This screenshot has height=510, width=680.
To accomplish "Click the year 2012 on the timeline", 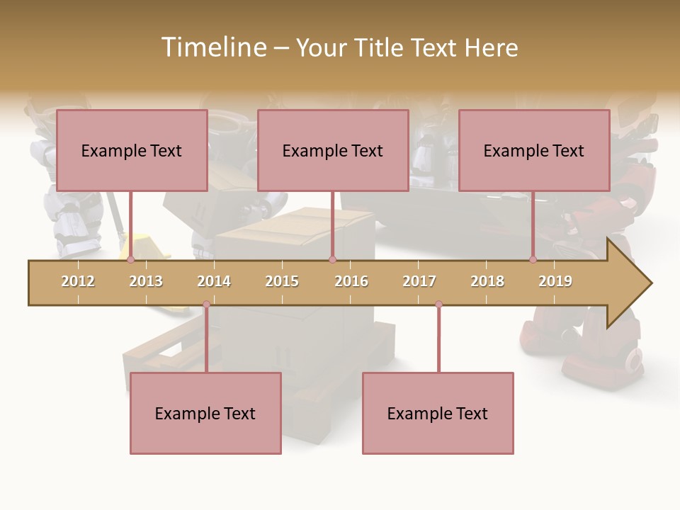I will (78, 281).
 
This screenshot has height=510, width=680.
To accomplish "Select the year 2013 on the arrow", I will (146, 281).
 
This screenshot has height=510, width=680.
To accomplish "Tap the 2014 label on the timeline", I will (214, 281).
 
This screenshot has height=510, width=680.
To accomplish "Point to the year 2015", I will (282, 281).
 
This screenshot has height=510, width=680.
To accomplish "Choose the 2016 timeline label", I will (351, 281).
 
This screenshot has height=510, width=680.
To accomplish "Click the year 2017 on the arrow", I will (419, 281).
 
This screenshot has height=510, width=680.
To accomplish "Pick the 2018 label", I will (487, 281).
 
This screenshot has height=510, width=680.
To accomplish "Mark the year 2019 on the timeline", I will (555, 281).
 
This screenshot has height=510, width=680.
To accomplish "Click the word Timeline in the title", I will (213, 47).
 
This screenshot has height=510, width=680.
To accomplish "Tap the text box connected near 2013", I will (132, 150).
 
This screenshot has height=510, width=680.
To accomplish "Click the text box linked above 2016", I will (333, 150).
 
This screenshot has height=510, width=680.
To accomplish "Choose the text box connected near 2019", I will (534, 150).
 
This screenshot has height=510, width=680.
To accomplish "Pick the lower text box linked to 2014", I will (205, 413).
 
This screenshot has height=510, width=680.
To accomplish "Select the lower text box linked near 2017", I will (438, 413).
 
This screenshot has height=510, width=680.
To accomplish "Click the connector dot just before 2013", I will (130, 260).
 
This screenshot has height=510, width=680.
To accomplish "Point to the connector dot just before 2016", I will (332, 260).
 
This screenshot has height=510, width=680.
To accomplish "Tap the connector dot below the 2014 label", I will (206, 305).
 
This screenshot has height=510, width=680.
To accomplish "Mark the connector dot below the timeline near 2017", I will (438, 305).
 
